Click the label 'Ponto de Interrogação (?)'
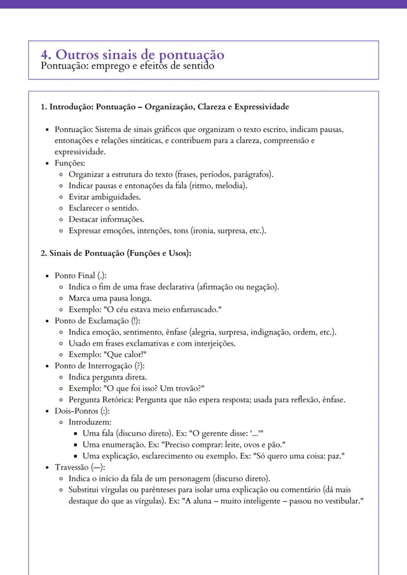(99, 366)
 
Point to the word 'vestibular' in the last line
(343, 501)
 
